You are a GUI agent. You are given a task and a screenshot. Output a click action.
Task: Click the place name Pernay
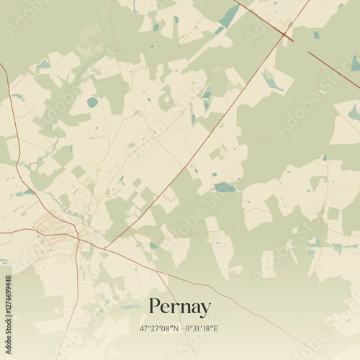click(x=180, y=307)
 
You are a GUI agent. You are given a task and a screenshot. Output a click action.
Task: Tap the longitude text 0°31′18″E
click(x=201, y=328)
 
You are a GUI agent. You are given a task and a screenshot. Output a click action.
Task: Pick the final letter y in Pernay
click(x=206, y=310)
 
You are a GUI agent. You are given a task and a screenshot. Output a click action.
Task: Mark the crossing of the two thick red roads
click(x=287, y=34)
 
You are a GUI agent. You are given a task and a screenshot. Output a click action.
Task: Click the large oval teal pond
click(x=92, y=102)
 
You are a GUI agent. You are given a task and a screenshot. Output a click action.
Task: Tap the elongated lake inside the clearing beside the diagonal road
click(x=271, y=81)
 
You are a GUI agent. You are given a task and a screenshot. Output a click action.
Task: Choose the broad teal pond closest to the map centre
click(x=225, y=187)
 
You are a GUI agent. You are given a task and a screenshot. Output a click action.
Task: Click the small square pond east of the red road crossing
click(x=316, y=35)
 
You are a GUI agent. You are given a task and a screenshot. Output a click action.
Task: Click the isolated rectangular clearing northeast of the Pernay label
click(x=235, y=270)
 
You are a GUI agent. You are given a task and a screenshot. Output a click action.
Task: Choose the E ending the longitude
click(x=217, y=328)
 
